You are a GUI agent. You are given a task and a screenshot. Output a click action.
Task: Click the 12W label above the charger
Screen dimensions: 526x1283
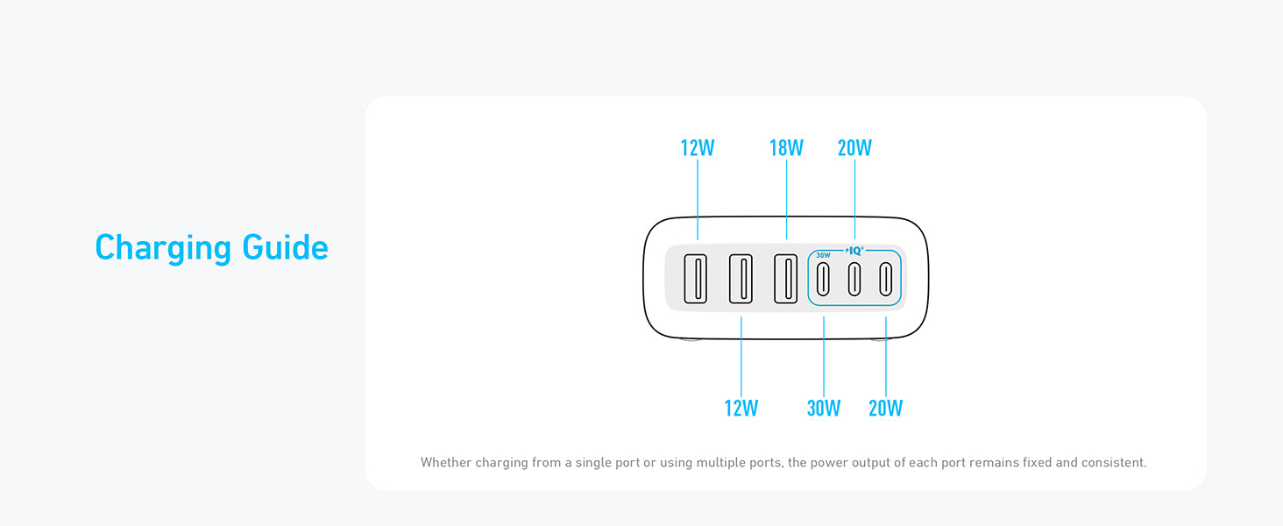[x=698, y=148]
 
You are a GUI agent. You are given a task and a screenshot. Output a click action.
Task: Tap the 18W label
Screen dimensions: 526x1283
[x=786, y=148]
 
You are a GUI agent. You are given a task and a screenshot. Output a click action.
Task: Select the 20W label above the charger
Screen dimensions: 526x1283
[x=854, y=148]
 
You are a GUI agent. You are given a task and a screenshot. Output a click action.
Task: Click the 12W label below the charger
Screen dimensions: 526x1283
[x=741, y=409]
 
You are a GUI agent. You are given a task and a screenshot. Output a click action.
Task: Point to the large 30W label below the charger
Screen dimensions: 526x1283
[x=824, y=409]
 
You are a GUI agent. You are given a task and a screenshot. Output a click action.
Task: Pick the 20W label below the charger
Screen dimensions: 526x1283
[x=885, y=409]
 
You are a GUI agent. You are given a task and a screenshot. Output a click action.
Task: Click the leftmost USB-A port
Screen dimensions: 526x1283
[x=696, y=278]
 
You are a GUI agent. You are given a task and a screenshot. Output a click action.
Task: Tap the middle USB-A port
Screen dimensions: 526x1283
[x=741, y=278]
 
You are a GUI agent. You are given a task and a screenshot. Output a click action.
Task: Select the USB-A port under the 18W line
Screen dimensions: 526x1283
[x=785, y=278]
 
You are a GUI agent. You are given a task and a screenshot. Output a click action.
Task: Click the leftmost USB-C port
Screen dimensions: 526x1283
[x=824, y=278]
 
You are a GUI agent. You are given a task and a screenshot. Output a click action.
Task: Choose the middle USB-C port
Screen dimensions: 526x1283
[x=854, y=278]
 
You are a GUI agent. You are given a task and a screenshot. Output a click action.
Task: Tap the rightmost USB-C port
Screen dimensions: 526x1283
[x=886, y=278]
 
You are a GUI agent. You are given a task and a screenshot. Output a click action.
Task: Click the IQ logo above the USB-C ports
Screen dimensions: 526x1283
[x=854, y=251]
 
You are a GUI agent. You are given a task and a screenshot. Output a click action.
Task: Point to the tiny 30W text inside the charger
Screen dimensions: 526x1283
[x=823, y=256]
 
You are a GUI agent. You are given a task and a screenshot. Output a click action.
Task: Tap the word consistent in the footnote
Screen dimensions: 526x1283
[x=1112, y=462]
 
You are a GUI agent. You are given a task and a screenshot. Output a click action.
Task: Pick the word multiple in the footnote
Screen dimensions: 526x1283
[x=724, y=462]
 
